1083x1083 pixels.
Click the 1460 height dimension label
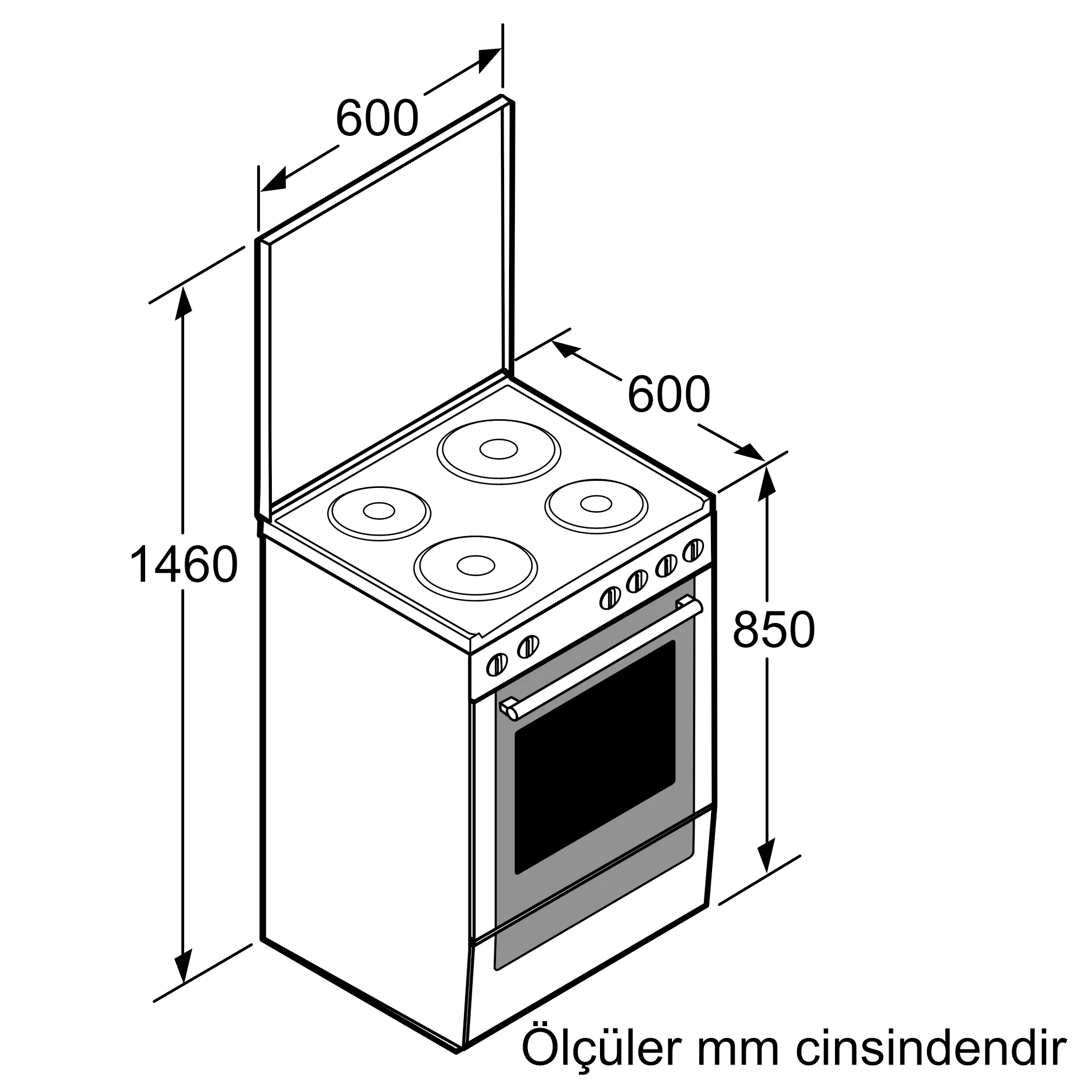pos(184,564)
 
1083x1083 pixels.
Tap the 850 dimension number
pos(773,630)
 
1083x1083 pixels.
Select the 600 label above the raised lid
pos(377,118)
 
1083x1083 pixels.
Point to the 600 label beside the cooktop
pos(668,395)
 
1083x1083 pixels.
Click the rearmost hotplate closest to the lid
pos(498,451)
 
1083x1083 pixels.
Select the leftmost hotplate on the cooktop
pos(379,512)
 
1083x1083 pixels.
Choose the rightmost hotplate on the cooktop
pos(596,505)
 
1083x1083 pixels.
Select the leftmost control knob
pos(497,665)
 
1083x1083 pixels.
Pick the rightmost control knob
pos(694,550)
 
